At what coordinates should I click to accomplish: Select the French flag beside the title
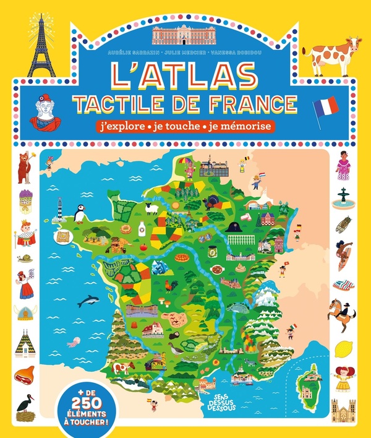[x=325, y=111]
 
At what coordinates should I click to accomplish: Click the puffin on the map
[x=80, y=214]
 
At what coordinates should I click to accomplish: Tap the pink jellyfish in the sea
[x=74, y=341]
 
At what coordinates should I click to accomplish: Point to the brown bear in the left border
[x=25, y=168]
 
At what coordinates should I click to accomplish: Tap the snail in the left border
[x=25, y=257]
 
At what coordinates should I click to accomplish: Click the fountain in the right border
[x=343, y=197]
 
